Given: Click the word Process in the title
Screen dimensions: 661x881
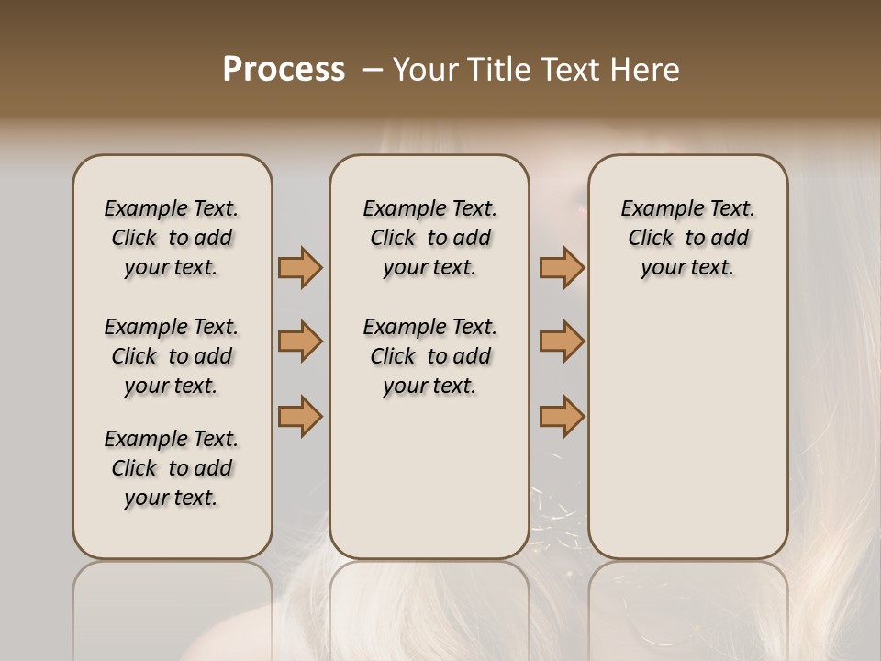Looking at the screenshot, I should pos(284,70).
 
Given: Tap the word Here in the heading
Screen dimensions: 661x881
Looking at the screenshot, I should pos(646,70).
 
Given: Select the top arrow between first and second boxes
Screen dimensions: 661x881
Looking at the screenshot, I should pos(300,268).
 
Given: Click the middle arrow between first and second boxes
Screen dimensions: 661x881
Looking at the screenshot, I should pos(300,342).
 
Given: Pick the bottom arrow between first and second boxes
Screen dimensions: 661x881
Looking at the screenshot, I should pos(300,416).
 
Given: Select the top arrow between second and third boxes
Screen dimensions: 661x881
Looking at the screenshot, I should pos(562,268).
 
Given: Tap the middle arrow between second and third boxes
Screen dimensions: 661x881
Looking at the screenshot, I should pos(562,342).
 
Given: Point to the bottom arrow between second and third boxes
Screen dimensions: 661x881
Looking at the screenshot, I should pos(562,416).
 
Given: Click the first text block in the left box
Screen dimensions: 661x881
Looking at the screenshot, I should pos(172,238).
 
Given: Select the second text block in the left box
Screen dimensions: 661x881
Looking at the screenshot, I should pos(172,356).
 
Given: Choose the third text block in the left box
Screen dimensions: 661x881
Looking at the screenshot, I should pos(172,468).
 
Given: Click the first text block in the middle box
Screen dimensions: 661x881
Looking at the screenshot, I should pos(429,238).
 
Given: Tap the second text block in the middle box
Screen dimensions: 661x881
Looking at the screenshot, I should pos(429,356).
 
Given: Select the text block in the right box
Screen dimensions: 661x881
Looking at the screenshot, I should pos(688,238).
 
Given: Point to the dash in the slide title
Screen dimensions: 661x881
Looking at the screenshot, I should pos(373,70).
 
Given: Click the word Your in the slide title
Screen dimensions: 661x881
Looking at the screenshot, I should pos(425,70).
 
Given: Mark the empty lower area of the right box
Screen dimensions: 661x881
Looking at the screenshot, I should pos(688,422).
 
